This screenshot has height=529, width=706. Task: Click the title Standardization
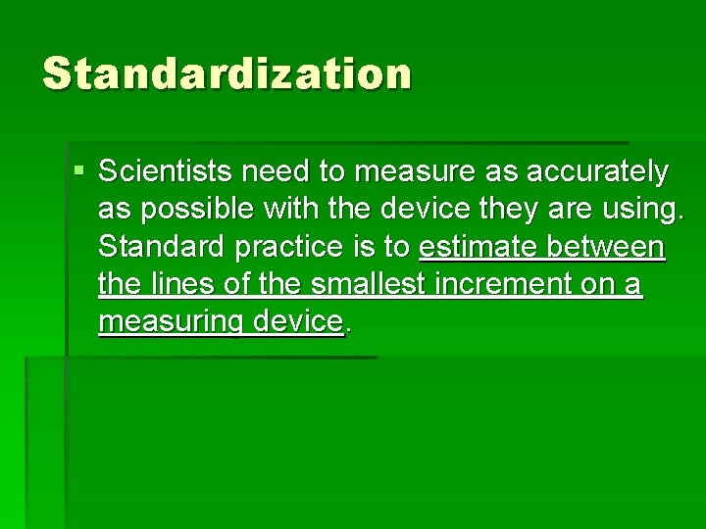[x=227, y=74]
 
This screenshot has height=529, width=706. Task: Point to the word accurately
[x=597, y=173]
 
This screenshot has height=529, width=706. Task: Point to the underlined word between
[x=609, y=247]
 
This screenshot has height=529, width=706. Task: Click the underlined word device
[x=296, y=321]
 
